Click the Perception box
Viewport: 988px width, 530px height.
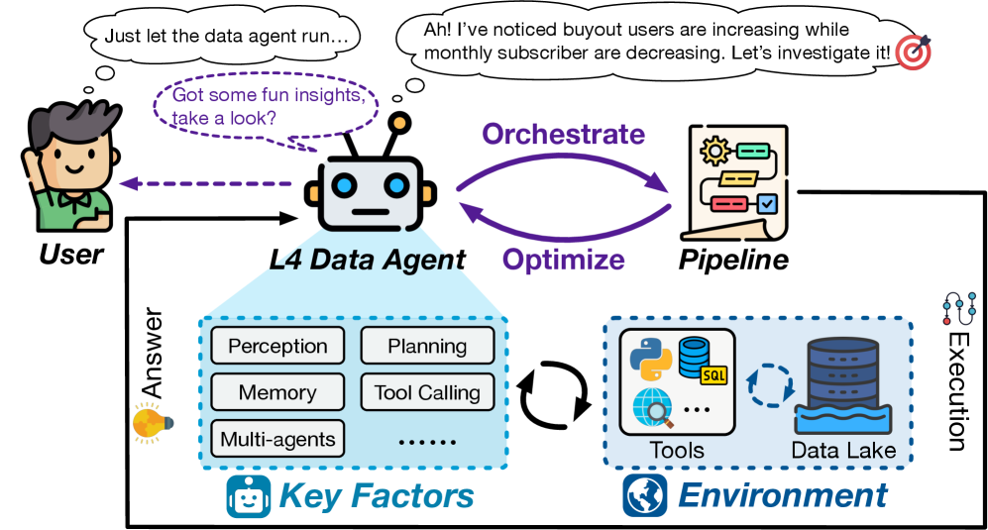[x=277, y=346]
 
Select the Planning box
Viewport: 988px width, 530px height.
[x=427, y=346]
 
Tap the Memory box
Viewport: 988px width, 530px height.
[x=277, y=392]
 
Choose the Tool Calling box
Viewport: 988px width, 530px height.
[x=427, y=392]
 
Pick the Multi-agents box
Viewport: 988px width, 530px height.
[x=277, y=438]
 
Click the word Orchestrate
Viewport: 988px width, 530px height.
[x=563, y=134]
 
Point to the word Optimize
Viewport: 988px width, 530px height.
[x=563, y=260]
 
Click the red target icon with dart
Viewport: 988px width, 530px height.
[x=913, y=53]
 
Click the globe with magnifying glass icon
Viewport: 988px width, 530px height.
[x=652, y=407]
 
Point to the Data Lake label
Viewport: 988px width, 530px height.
[x=843, y=451]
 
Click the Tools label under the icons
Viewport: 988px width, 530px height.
[x=677, y=451]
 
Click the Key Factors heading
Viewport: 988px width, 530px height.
[x=376, y=495]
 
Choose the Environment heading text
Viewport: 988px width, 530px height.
[x=782, y=495]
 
